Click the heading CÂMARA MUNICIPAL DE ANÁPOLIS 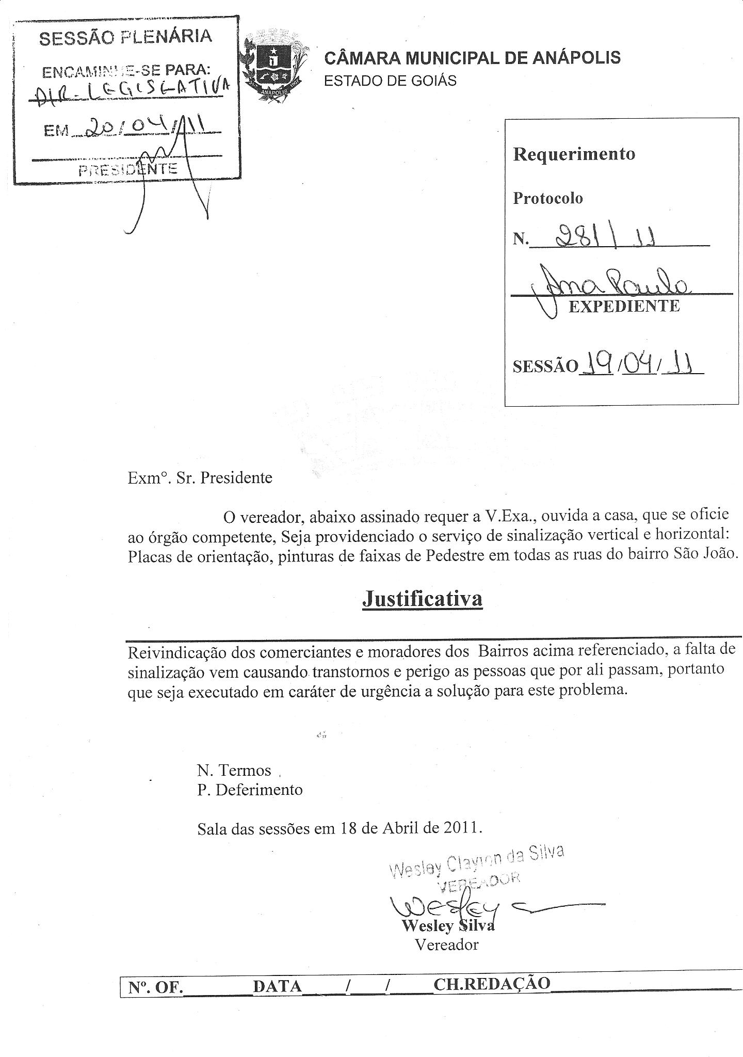point(472,58)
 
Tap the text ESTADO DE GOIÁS point(390,81)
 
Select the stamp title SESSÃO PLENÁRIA point(125,37)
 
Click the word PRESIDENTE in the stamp point(127,169)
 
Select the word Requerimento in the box point(574,154)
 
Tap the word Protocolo point(547,198)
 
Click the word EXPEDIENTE point(624,307)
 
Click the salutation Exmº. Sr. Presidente point(200,477)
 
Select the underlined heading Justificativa point(422,598)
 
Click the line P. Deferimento point(250,790)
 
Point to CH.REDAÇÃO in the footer point(492,983)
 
